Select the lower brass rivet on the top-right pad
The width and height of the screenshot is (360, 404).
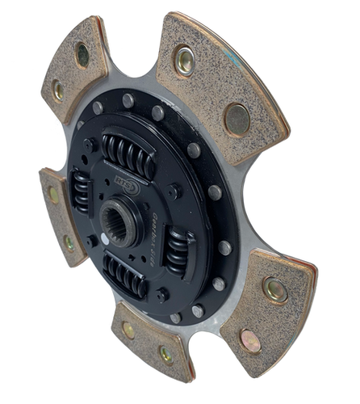237,119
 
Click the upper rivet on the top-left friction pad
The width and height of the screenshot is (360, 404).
82,55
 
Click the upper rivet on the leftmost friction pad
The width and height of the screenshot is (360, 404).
54,195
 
